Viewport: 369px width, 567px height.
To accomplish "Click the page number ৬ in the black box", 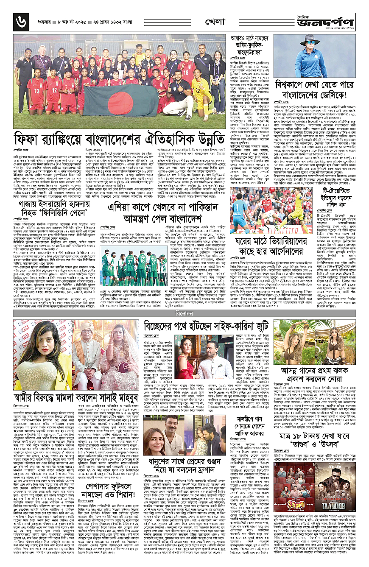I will tap(19, 20).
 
